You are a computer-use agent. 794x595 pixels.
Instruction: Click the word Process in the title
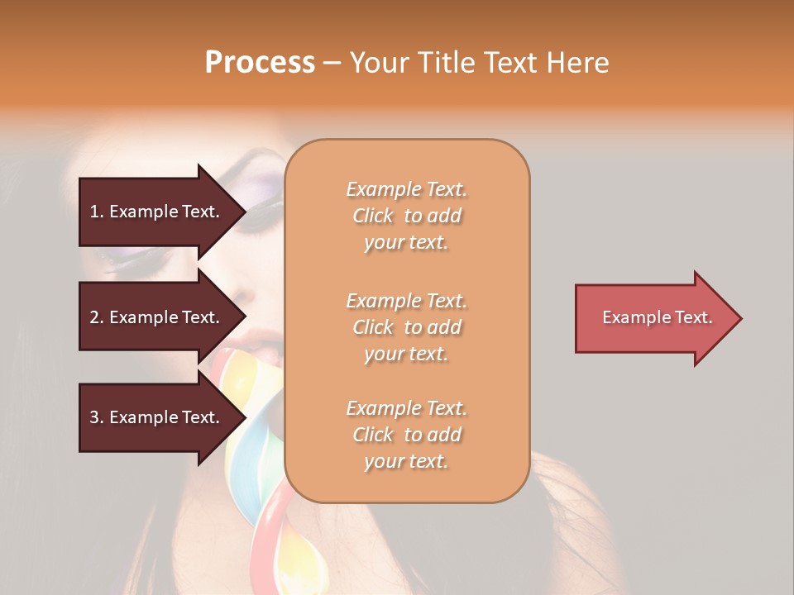[260, 63]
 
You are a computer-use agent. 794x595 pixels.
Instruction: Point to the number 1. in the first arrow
[97, 212]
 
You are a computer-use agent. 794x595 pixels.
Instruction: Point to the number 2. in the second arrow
[97, 317]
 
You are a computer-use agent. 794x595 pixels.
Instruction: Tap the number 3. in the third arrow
[97, 417]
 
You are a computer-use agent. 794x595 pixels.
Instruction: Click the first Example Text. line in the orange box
[406, 189]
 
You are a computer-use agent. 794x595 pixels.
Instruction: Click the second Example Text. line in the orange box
[406, 301]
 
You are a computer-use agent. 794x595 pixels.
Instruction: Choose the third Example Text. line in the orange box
[406, 408]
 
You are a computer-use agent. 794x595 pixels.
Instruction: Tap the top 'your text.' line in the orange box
[406, 243]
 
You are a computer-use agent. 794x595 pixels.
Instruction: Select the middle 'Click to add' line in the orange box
[406, 327]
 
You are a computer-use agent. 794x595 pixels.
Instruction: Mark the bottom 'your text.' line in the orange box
[406, 462]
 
